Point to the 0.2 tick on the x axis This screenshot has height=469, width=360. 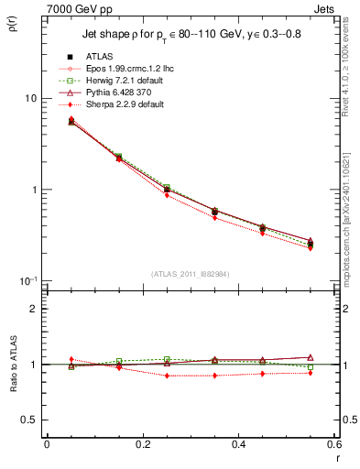[142, 445]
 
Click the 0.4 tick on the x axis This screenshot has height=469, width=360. [238, 445]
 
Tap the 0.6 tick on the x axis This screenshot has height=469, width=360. [333, 445]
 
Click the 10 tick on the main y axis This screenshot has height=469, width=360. [31, 98]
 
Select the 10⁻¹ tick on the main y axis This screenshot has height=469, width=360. [29, 280]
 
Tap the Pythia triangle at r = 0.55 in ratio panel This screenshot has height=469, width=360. [310, 357]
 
